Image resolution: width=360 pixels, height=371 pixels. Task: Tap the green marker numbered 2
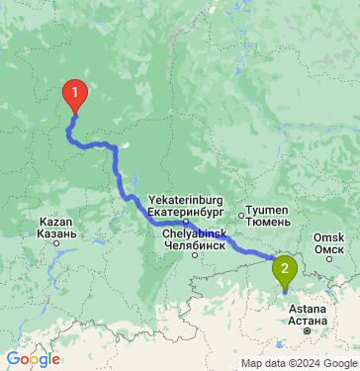[285, 267]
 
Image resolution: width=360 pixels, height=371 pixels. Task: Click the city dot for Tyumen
[241, 213]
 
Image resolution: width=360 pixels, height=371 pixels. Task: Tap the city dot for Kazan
[56, 241]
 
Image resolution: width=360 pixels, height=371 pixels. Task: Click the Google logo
[32, 359]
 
